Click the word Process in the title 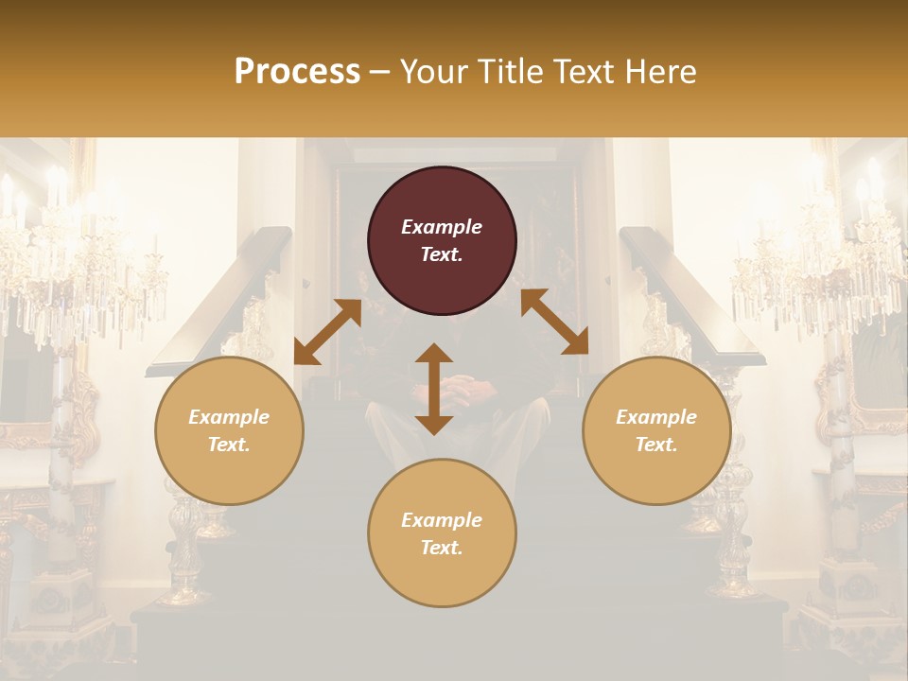[297, 72]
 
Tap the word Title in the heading [510, 72]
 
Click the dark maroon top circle [442, 240]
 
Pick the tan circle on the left [229, 430]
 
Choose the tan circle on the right [656, 430]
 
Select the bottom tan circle [442, 533]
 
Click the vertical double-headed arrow [434, 389]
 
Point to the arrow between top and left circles [327, 331]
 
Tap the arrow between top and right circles [554, 322]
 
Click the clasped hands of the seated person [461, 387]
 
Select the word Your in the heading [432, 72]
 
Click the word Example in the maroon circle [442, 227]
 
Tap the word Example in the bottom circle [442, 520]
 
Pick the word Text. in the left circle [229, 445]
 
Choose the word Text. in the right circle [656, 445]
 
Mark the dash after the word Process [380, 74]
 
